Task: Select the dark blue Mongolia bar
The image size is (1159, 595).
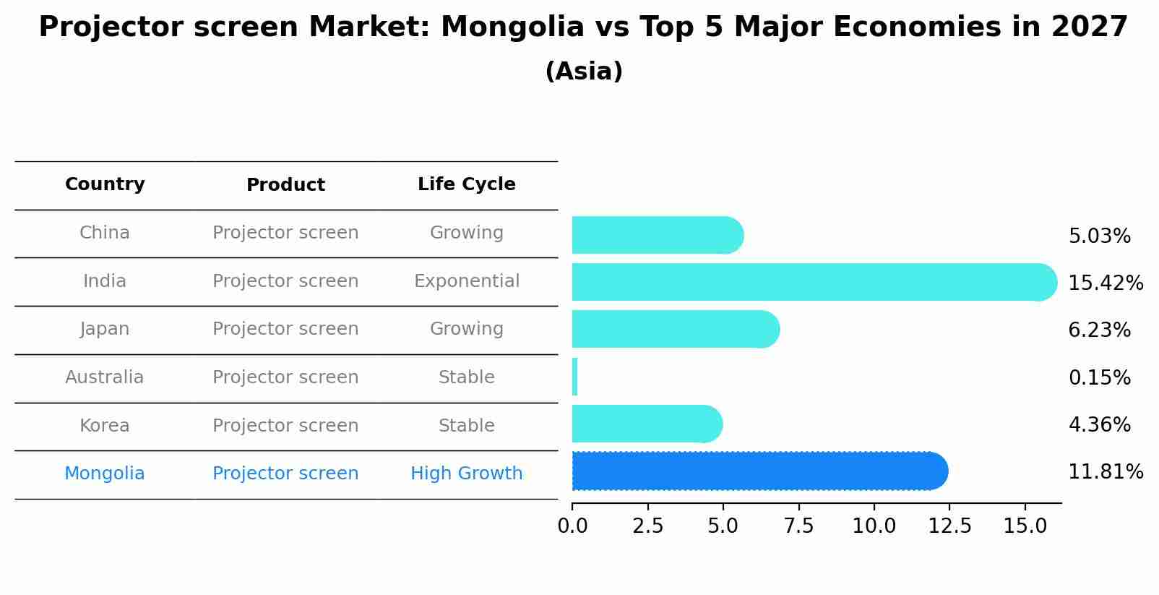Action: click(x=759, y=471)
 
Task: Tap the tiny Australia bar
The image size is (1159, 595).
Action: click(x=574, y=377)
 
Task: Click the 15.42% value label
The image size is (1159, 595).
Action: click(x=1105, y=283)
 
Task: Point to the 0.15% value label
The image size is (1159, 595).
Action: click(x=1099, y=377)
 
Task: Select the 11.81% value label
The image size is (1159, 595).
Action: click(x=1105, y=472)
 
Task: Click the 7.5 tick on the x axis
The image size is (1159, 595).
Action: click(x=798, y=526)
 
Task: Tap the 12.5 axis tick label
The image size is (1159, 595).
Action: click(x=949, y=526)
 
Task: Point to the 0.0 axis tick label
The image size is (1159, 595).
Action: click(x=572, y=526)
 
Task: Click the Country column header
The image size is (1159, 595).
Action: click(x=105, y=184)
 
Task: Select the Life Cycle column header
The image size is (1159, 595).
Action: click(x=466, y=184)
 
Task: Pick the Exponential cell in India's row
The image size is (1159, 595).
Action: click(x=466, y=281)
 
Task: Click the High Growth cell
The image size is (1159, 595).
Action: click(x=466, y=474)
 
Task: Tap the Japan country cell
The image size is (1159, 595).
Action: click(x=105, y=329)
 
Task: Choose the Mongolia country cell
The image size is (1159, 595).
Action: click(x=105, y=474)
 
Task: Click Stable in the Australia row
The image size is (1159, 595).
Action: click(x=466, y=377)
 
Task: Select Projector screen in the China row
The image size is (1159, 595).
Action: click(x=285, y=233)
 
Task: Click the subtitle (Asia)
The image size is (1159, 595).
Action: click(x=584, y=72)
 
